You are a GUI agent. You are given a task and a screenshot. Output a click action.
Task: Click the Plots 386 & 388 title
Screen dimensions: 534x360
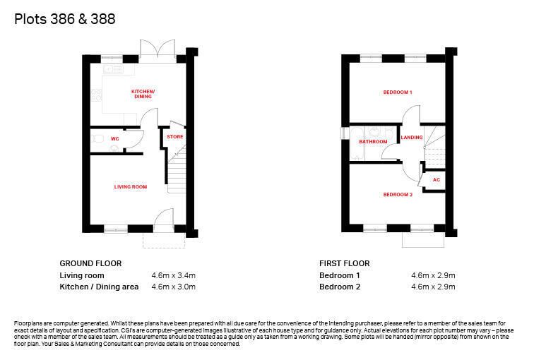click(65, 19)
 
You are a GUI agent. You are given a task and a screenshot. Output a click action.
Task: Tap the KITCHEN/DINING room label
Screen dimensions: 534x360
click(143, 94)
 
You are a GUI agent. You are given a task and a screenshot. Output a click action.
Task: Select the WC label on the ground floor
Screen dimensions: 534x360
click(114, 139)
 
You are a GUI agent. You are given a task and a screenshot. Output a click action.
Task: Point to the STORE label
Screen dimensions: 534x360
click(175, 137)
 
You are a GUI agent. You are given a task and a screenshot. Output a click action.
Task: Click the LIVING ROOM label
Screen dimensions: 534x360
click(131, 187)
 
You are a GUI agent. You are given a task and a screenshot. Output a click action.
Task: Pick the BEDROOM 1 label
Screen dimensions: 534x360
click(398, 92)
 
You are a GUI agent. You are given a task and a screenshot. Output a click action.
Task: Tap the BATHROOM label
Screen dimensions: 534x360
click(373, 142)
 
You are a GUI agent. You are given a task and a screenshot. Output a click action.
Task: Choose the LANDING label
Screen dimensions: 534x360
click(412, 138)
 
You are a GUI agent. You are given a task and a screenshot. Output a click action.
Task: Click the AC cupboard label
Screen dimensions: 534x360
click(437, 180)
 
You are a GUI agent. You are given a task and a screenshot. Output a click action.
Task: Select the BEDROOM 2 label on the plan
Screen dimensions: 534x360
click(398, 195)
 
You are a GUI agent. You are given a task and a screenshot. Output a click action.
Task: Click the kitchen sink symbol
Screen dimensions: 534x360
click(113, 69)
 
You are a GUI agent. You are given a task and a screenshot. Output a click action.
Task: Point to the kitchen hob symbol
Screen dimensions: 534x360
click(96, 95)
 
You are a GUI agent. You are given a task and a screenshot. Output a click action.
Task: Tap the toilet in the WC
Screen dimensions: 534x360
click(97, 138)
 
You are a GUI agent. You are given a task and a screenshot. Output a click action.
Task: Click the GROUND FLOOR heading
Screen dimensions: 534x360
click(90, 263)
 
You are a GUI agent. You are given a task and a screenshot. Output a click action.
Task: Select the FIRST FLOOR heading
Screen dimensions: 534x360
click(344, 263)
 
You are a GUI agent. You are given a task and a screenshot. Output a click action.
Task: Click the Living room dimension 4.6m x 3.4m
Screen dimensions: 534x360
click(173, 275)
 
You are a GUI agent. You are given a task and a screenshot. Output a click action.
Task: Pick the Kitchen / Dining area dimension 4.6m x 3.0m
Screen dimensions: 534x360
click(173, 287)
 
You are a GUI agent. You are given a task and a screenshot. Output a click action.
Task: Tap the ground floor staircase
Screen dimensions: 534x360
click(177, 169)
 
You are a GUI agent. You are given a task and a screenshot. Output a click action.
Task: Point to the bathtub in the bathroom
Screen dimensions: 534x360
click(357, 143)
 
